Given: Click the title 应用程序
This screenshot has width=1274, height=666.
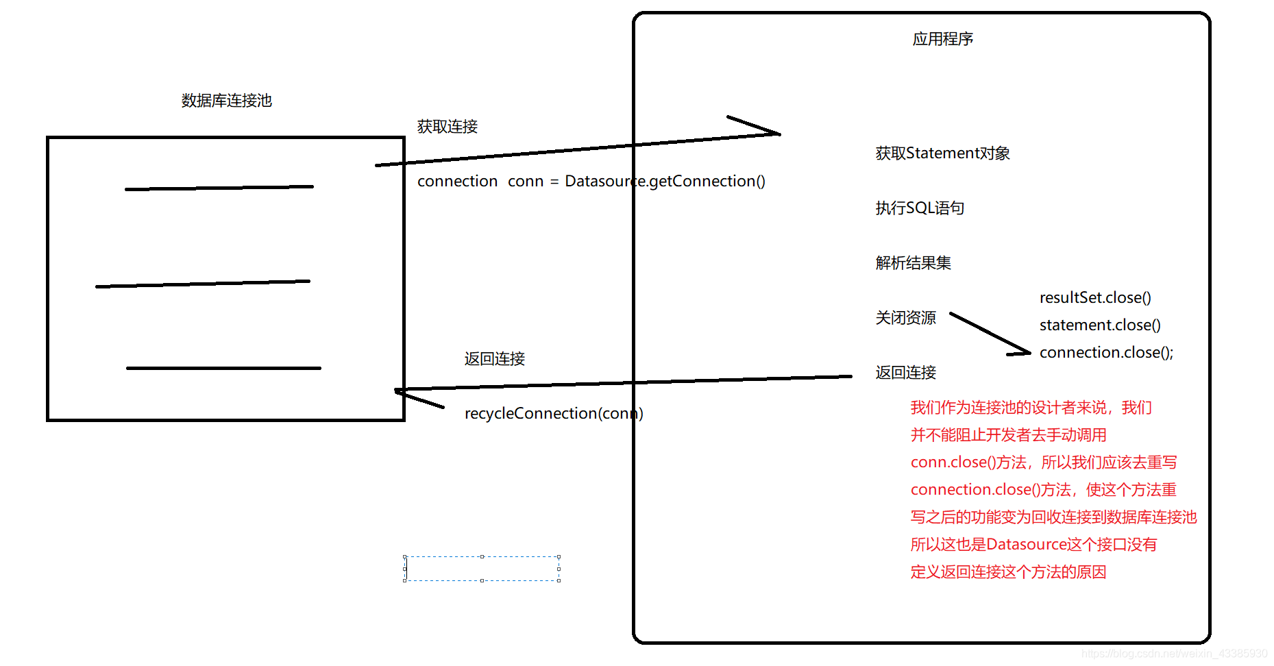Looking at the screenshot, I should pyautogui.click(x=942, y=39).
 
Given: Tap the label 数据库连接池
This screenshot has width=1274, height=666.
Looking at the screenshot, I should pyautogui.click(x=226, y=101).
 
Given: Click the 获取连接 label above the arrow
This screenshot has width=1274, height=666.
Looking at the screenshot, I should pyautogui.click(x=447, y=127).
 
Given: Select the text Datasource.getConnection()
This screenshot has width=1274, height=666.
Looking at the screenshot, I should pyautogui.click(x=664, y=181).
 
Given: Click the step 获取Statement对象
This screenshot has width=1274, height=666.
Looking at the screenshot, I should pyautogui.click(x=942, y=153).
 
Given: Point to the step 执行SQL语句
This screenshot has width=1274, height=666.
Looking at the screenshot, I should pyautogui.click(x=920, y=208).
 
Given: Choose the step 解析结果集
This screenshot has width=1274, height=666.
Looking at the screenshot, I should pyautogui.click(x=913, y=263).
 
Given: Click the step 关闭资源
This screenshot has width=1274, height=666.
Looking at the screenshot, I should pyautogui.click(x=905, y=318).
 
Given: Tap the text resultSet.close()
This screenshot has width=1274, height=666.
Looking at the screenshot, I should pyautogui.click(x=1095, y=297).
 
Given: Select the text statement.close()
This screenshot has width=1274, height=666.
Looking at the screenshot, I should pyautogui.click(x=1100, y=325).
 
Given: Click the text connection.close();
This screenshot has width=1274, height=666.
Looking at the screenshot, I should pyautogui.click(x=1106, y=352).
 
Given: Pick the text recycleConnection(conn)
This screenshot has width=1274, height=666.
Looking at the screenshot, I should pyautogui.click(x=554, y=413).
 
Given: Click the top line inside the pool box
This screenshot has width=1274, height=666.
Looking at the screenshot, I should pyautogui.click(x=219, y=188).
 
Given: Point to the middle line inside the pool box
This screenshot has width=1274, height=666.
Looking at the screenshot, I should pyautogui.click(x=203, y=284).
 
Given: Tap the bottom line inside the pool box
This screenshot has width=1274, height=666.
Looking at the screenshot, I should pyautogui.click(x=223, y=368).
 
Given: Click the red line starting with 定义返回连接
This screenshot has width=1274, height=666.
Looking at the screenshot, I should pyautogui.click(x=1008, y=572).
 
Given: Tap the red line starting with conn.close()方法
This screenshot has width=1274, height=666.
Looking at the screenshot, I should pyautogui.click(x=1043, y=463).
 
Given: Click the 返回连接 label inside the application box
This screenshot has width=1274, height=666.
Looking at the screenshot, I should pyautogui.click(x=905, y=373).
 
